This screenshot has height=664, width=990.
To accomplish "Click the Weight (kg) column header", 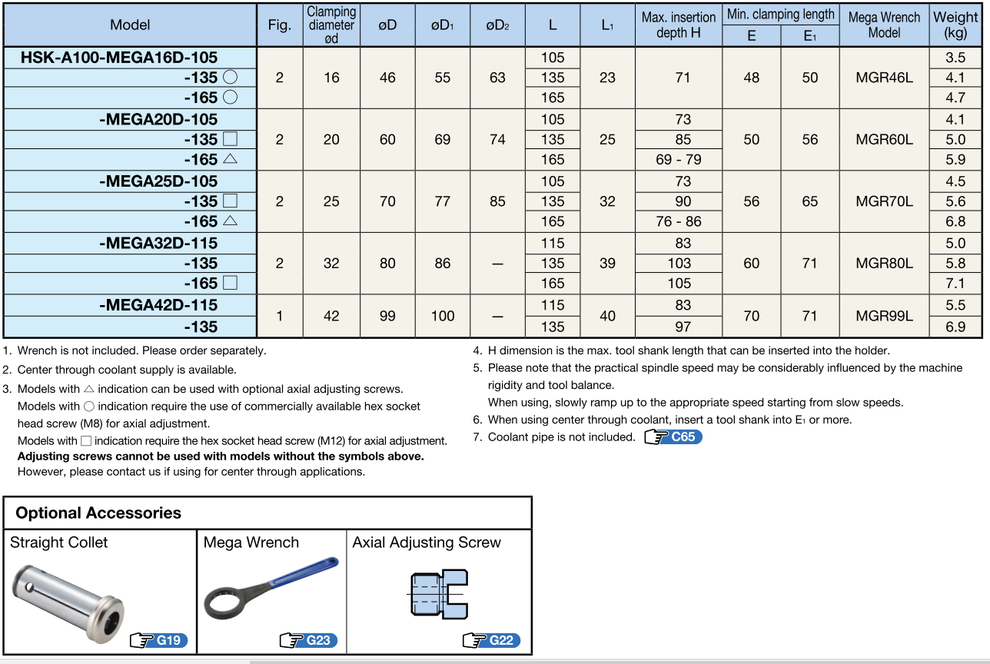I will click(955, 25).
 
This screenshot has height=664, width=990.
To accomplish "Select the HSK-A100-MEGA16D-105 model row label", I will click(119, 58).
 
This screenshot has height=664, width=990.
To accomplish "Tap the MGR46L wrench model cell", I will click(884, 78).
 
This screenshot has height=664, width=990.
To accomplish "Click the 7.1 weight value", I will click(955, 284).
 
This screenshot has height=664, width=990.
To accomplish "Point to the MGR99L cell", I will click(884, 316).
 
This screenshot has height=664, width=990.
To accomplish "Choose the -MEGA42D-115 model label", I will click(158, 305).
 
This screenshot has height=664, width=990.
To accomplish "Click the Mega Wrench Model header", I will click(884, 25).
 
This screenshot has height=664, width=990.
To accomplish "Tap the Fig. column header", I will click(279, 25).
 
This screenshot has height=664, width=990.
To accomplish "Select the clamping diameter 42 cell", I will click(331, 316).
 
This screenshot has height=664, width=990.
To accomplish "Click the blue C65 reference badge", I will click(673, 437).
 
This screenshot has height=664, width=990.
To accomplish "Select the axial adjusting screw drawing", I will click(437, 594).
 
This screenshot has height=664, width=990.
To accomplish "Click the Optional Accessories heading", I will click(98, 513).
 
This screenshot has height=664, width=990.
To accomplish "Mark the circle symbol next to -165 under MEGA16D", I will click(230, 98).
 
